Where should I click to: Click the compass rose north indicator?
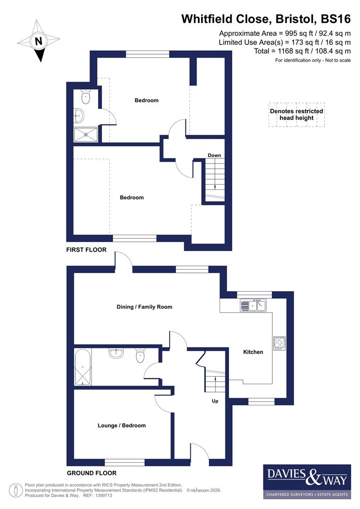pos(39,41)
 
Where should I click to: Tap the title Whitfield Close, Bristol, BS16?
pos(266,19)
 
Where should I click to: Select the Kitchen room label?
pos(253,352)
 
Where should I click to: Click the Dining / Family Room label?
pos(144,307)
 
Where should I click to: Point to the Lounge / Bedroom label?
pos(122,426)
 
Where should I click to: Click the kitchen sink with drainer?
pos(254,305)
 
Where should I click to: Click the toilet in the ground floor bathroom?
pos(140,356)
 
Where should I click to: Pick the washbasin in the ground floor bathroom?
pos(116,353)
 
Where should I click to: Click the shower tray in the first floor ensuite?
pos(86,134)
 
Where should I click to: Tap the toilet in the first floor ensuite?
pos(85,97)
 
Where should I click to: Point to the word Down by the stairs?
pos(214,156)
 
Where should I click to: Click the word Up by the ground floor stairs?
pos(214,402)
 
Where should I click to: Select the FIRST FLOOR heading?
pos(86,250)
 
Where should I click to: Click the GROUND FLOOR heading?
pos(91,473)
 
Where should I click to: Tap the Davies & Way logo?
pos(307,481)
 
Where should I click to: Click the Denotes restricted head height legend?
pos(296,115)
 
